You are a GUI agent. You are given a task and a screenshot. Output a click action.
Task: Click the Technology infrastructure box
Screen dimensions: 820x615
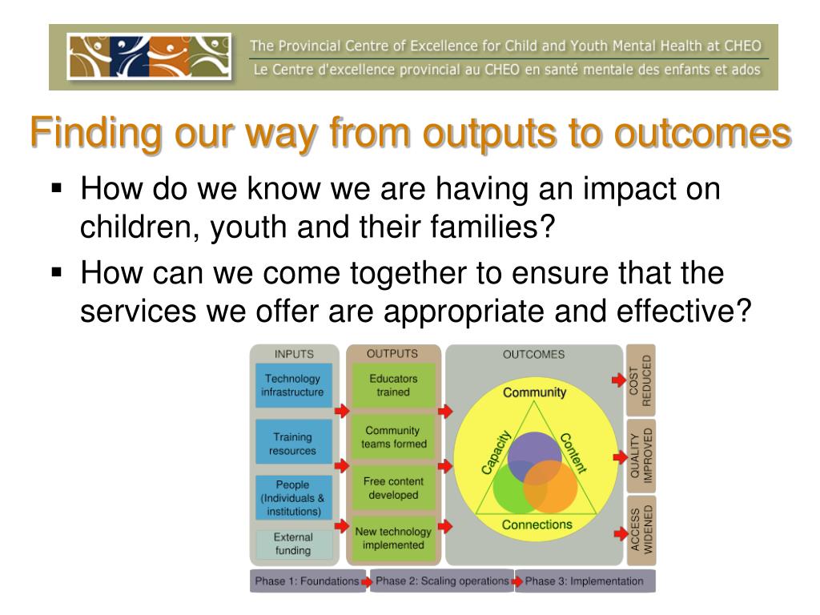[293, 385]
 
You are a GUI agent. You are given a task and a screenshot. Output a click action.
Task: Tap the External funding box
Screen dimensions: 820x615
[293, 544]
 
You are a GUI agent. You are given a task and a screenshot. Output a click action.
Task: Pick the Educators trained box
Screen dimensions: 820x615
[393, 385]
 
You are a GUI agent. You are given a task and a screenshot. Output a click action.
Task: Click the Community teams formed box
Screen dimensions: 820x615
[393, 437]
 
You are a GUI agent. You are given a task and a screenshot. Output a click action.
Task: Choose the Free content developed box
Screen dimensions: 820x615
[393, 488]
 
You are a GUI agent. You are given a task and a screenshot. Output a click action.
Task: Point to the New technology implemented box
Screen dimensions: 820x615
[393, 539]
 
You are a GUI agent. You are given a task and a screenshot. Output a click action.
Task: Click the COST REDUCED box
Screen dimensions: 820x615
[641, 380]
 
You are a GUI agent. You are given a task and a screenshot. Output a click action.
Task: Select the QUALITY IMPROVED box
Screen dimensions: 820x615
[641, 456]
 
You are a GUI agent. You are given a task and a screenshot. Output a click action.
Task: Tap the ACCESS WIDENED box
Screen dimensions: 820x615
[641, 530]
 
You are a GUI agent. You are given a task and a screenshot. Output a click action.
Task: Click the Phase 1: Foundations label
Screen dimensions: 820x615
[307, 581]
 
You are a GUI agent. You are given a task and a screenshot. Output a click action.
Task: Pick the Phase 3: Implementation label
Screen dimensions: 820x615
[584, 581]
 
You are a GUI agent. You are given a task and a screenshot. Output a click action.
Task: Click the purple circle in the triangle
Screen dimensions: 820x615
[534, 454]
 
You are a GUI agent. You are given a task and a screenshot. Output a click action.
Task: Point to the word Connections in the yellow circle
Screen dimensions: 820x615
[537, 525]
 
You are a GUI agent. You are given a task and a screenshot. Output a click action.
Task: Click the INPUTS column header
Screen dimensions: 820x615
[294, 354]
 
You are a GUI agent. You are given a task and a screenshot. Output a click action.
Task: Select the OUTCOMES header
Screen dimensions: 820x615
[533, 355]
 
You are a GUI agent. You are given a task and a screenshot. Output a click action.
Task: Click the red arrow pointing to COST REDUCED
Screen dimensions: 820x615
[619, 380]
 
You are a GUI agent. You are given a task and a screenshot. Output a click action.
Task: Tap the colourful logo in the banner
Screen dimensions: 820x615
[149, 57]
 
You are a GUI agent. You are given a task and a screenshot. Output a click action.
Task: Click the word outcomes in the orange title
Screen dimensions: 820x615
[702, 133]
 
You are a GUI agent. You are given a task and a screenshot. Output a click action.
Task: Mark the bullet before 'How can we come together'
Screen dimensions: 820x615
[57, 272]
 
